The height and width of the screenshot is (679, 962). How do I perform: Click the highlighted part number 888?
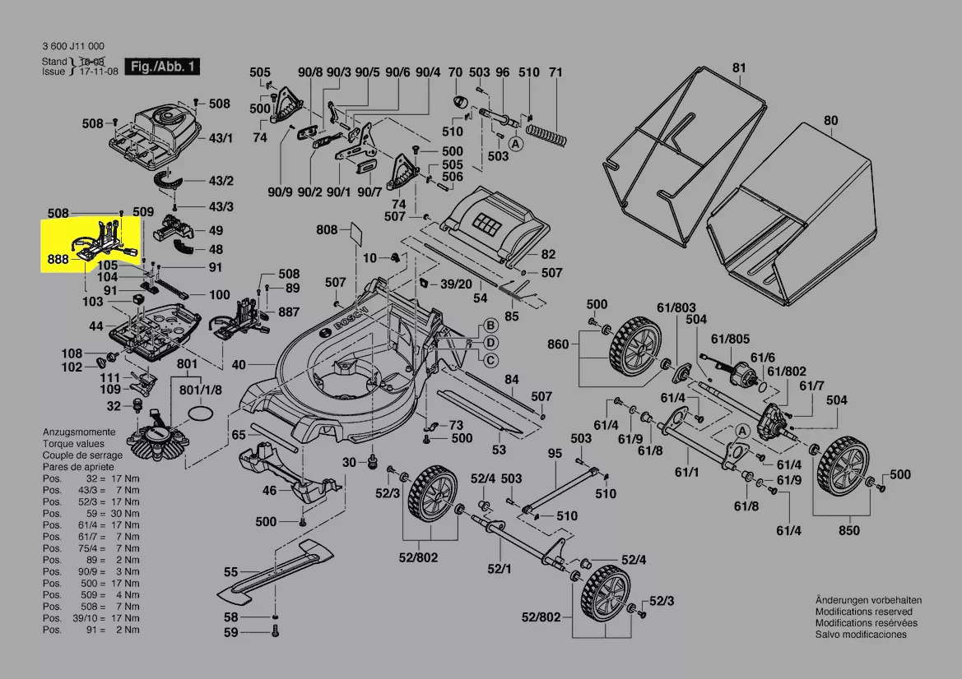[58, 259]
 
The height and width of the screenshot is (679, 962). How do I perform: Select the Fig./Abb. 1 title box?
[161, 66]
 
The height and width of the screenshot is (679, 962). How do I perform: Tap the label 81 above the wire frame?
[739, 67]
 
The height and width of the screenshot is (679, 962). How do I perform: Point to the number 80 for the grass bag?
[830, 121]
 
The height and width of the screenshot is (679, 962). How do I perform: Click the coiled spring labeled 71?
[547, 127]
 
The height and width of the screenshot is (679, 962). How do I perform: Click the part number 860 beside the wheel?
[558, 344]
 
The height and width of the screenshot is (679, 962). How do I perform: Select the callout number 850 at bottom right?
[848, 530]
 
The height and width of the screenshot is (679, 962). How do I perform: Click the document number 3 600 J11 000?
[73, 46]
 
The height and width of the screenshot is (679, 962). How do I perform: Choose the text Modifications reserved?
[863, 612]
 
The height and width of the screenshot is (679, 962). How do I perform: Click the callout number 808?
[327, 229]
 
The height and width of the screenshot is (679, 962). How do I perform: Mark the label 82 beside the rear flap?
[548, 255]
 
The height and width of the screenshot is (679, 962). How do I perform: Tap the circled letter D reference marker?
[490, 342]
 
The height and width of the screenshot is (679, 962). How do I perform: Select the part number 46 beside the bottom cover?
[269, 491]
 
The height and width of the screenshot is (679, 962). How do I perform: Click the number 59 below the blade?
[230, 632]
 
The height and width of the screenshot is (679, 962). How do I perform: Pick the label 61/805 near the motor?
[730, 338]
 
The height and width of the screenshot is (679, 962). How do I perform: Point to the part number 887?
[289, 312]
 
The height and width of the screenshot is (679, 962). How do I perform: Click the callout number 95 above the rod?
[555, 453]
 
